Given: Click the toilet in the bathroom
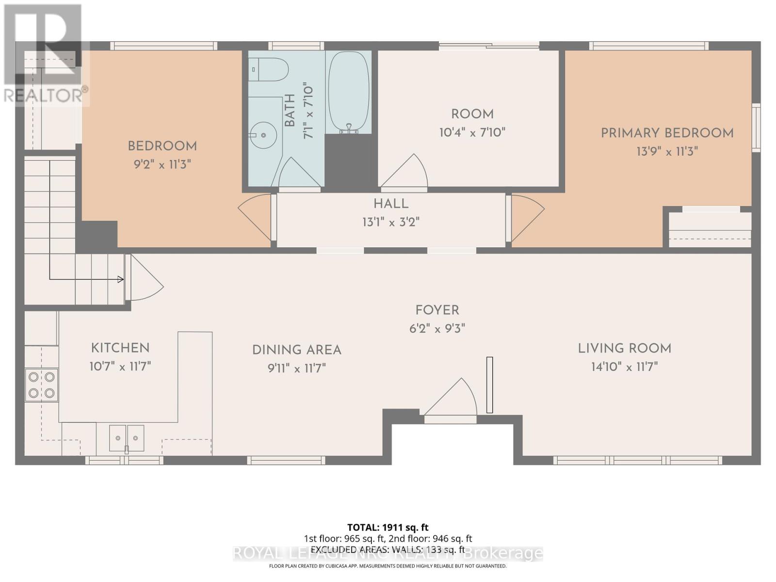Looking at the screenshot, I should coord(268,69).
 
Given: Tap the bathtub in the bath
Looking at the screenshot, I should coord(349,92).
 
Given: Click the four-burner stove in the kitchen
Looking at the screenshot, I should coord(42,385).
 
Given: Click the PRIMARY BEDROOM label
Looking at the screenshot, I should coord(667,133).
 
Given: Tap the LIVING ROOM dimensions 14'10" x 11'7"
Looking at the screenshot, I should coord(624,367).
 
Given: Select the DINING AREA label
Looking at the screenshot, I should coord(296,350).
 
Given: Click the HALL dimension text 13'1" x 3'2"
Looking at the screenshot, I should coord(390,222).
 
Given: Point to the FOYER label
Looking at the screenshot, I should coord(437,310).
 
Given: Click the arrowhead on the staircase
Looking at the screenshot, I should coord(120,279).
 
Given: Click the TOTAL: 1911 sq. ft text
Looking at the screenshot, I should coord(388,527).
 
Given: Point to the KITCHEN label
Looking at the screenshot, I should coord(120,348).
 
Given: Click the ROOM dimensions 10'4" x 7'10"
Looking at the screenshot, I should coord(472,132).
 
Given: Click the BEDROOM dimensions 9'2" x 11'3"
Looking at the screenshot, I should coord(162,164).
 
